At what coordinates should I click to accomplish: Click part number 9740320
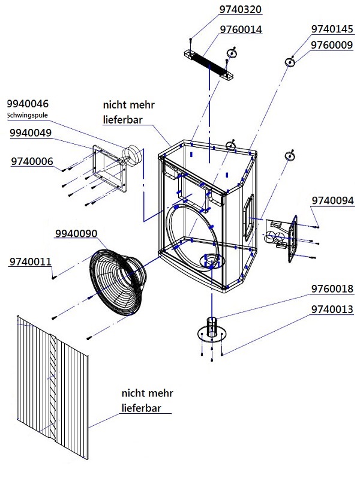(241, 10)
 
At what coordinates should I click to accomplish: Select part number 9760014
(241, 29)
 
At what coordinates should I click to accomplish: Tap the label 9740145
(332, 29)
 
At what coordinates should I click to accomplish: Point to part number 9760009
(332, 44)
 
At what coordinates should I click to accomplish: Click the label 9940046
(28, 103)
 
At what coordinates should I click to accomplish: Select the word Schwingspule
(27, 115)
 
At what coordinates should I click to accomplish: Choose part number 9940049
(31, 133)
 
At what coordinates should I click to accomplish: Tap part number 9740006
(32, 161)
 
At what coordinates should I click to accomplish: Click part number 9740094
(332, 200)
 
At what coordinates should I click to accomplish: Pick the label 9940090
(76, 233)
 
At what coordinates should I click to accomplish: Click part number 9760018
(332, 289)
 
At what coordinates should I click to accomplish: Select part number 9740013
(332, 309)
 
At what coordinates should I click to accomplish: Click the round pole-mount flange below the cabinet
(211, 332)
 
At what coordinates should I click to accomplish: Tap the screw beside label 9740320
(190, 40)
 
